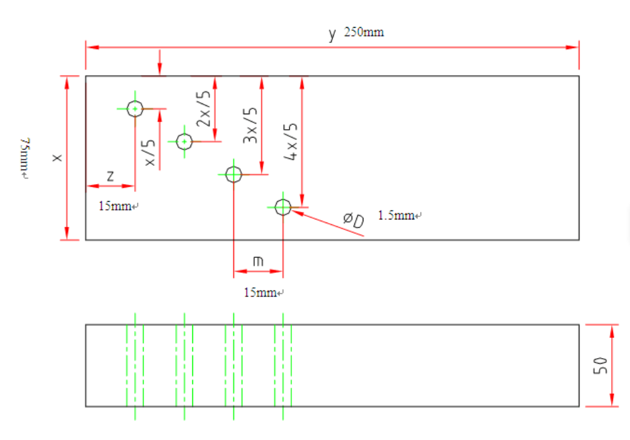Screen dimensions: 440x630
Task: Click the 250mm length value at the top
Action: [364, 32]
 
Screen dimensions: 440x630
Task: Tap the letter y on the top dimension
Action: [332, 34]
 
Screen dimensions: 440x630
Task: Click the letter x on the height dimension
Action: [57, 158]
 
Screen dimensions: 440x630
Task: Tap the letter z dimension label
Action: [110, 177]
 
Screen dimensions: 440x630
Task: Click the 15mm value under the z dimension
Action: [117, 206]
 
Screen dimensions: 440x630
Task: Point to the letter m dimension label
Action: [257, 261]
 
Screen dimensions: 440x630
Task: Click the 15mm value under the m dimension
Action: [262, 292]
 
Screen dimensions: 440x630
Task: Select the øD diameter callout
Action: [354, 221]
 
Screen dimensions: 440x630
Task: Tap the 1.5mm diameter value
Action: [398, 216]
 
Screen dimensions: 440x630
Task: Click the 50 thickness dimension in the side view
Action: [600, 365]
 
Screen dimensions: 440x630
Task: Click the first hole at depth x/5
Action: [135, 109]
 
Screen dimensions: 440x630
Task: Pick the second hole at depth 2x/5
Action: [184, 142]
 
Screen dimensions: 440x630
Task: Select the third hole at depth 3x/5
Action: [233, 174]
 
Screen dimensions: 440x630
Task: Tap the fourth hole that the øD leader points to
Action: [283, 206]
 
